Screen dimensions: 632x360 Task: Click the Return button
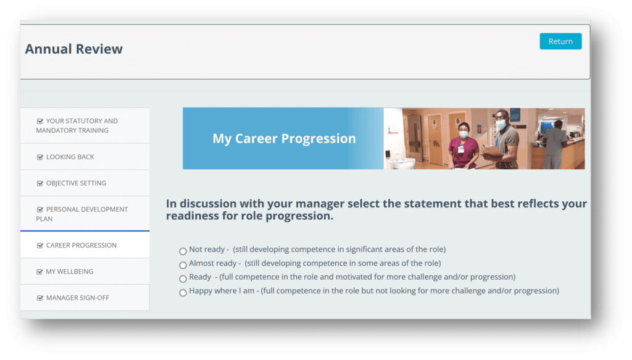click(560, 41)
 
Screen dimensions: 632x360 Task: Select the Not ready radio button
click(183, 251)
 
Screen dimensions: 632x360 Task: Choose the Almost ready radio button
click(183, 265)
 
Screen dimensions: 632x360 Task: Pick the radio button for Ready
click(183, 278)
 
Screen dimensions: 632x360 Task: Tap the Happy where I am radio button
click(183, 293)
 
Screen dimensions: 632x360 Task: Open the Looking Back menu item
click(70, 157)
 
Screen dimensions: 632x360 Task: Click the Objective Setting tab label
click(76, 183)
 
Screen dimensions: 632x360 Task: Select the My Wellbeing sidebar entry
click(69, 271)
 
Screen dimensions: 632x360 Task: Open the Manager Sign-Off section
click(78, 298)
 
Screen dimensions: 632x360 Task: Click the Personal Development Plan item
click(82, 214)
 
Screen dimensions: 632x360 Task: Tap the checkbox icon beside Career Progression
click(40, 246)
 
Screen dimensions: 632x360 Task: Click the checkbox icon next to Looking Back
click(40, 157)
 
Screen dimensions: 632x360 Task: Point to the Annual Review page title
click(74, 49)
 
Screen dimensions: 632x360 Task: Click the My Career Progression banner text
click(284, 138)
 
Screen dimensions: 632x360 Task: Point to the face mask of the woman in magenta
click(464, 135)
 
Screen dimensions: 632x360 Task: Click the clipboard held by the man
click(492, 151)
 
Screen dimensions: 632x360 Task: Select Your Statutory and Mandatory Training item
click(77, 125)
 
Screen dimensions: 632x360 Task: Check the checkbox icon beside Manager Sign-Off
click(40, 298)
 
